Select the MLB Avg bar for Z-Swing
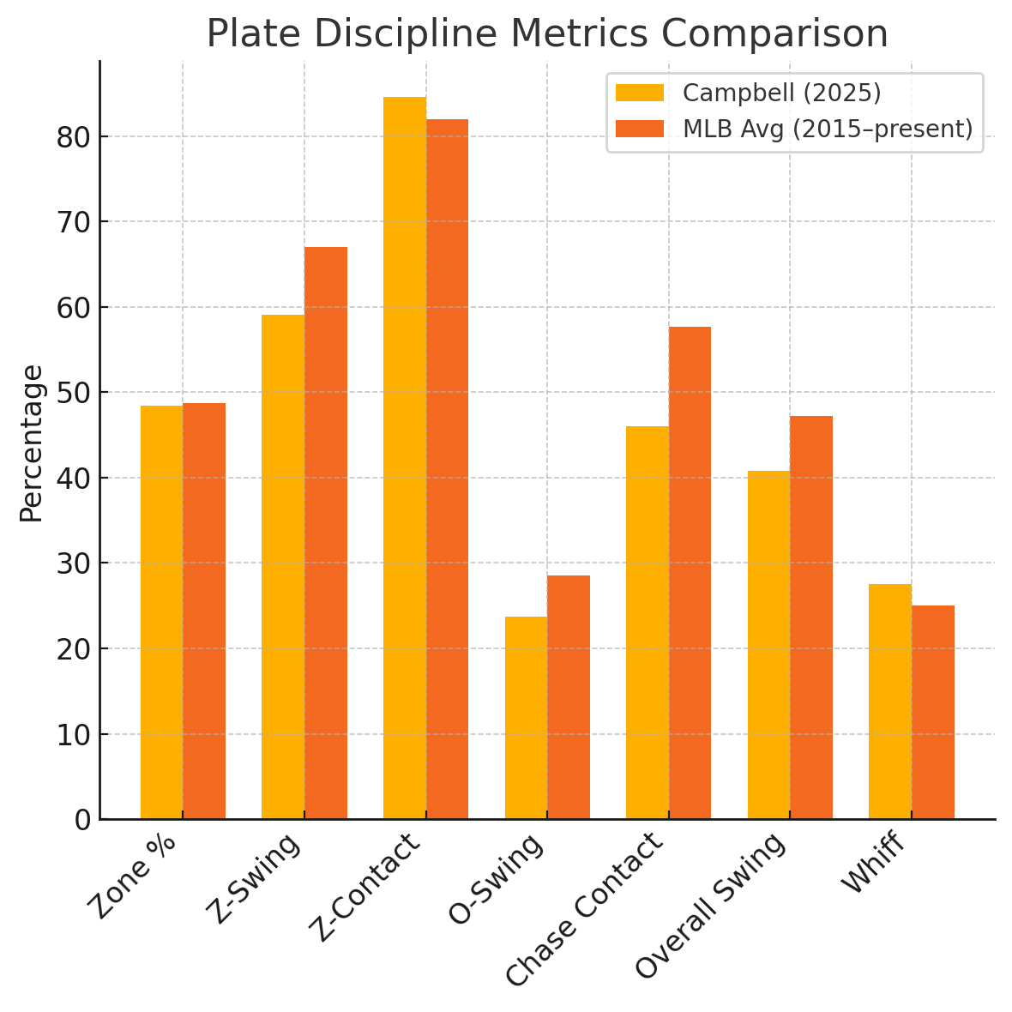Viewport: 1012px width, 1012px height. click(326, 533)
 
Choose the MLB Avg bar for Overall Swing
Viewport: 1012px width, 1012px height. click(811, 617)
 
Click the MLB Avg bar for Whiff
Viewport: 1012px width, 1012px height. click(933, 712)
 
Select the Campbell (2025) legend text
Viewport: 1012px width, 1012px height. click(781, 93)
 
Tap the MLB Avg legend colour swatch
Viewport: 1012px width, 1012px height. click(640, 129)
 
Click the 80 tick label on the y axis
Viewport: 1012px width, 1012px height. click(73, 137)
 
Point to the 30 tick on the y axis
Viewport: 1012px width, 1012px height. click(73, 563)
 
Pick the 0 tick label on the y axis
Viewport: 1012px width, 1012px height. click(82, 820)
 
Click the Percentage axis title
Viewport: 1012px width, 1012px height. click(32, 443)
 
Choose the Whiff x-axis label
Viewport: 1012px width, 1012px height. click(874, 864)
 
